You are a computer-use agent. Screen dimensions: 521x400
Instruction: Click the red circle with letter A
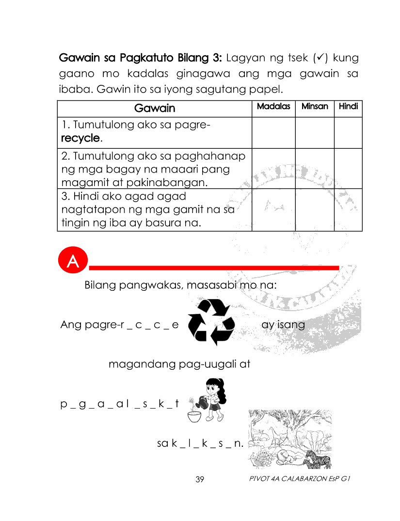tap(73, 262)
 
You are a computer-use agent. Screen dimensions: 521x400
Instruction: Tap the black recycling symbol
tap(211, 322)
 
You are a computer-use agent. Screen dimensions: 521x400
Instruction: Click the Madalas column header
tap(273, 107)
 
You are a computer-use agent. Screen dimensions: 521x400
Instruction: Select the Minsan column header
tap(315, 107)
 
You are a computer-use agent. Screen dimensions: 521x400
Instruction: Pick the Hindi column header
tap(348, 107)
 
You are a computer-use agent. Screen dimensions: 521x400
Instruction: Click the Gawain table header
tap(154, 108)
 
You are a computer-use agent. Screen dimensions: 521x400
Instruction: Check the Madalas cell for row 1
tap(273, 132)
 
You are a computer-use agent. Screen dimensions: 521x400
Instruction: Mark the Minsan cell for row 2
tap(315, 168)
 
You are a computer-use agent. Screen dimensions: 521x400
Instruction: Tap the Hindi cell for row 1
tap(348, 132)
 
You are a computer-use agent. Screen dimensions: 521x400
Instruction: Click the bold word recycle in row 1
tap(80, 139)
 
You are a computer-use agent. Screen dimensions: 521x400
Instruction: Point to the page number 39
tap(200, 479)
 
